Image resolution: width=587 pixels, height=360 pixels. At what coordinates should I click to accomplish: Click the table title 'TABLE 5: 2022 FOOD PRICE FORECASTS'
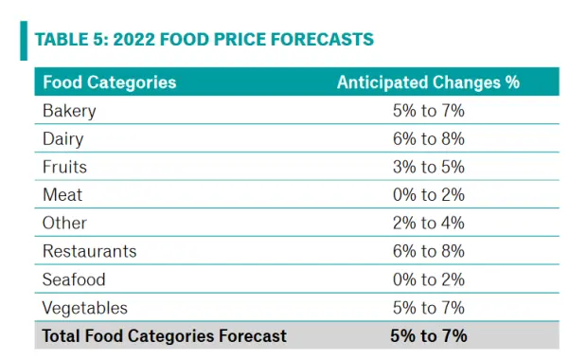[205, 40]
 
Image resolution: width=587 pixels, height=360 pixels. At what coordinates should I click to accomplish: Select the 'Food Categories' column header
[109, 82]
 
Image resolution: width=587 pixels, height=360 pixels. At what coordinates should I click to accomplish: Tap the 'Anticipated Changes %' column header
[428, 82]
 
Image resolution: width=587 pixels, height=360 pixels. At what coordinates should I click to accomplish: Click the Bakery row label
[69, 111]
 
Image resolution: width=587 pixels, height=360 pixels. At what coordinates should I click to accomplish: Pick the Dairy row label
[62, 139]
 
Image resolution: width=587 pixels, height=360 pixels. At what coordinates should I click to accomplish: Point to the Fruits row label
[64, 167]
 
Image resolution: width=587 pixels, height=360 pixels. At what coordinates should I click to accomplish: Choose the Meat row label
[62, 195]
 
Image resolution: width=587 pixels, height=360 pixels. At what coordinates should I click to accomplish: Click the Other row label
[64, 223]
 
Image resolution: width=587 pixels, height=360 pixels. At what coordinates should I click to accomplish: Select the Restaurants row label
[90, 251]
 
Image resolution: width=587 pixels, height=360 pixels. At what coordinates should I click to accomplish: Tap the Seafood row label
[74, 279]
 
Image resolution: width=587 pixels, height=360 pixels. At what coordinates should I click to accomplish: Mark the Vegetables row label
[85, 308]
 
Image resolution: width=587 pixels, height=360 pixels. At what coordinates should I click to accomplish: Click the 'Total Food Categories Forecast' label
[165, 335]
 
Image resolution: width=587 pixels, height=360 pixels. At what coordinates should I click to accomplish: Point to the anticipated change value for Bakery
[429, 111]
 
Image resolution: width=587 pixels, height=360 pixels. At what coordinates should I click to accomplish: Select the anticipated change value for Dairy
[429, 139]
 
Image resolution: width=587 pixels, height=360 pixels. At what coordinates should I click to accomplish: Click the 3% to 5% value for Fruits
[429, 167]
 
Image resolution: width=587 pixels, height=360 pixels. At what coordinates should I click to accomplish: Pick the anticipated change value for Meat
[429, 195]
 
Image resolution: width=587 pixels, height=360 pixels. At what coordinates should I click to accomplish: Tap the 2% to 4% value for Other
[429, 223]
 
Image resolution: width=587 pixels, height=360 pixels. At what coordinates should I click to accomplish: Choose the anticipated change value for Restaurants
[429, 251]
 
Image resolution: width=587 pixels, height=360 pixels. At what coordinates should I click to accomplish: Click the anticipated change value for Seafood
[429, 279]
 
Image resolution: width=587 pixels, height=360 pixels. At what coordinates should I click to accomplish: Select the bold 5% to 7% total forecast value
[429, 335]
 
